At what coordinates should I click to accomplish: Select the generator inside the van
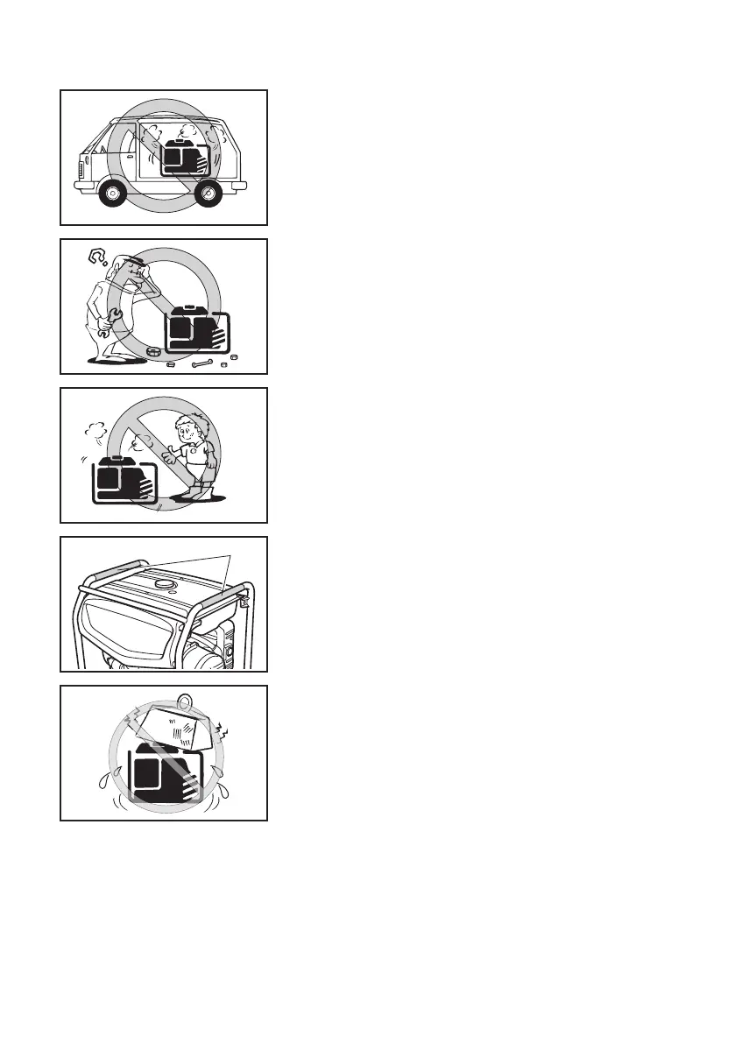(x=186, y=156)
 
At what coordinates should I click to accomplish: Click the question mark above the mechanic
(x=100, y=257)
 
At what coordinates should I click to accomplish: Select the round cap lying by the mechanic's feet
(x=155, y=353)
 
